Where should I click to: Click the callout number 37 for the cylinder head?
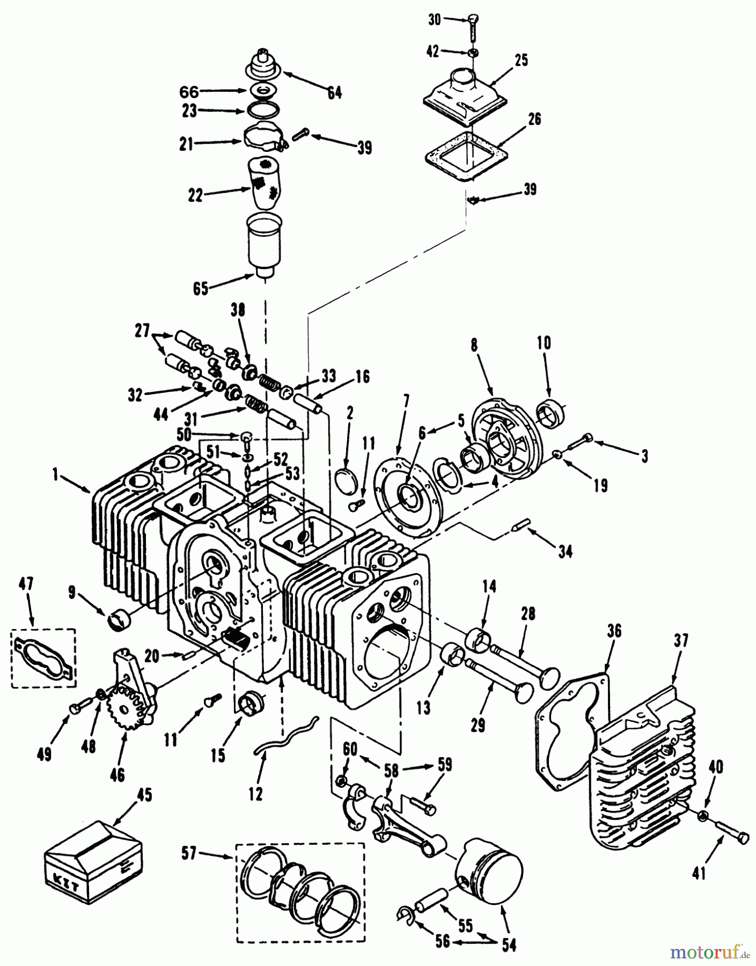pos(682,640)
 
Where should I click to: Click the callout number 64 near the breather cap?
pos(334,93)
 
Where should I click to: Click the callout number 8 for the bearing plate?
pos(474,346)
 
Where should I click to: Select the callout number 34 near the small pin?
pos(565,551)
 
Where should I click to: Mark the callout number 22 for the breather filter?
pos(195,196)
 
